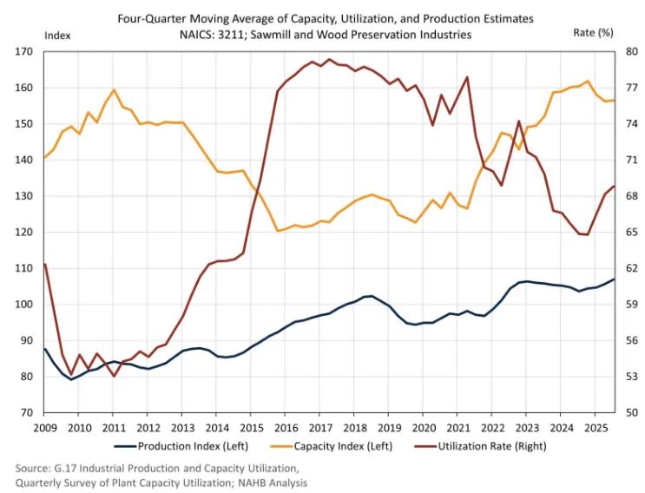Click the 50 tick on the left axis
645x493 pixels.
click(x=26, y=412)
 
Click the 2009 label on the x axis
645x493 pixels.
click(x=44, y=428)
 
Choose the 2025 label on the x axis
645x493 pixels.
click(x=595, y=428)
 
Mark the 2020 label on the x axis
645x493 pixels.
click(x=423, y=428)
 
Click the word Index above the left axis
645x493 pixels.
click(x=56, y=35)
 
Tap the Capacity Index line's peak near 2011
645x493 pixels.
click(x=114, y=89)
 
